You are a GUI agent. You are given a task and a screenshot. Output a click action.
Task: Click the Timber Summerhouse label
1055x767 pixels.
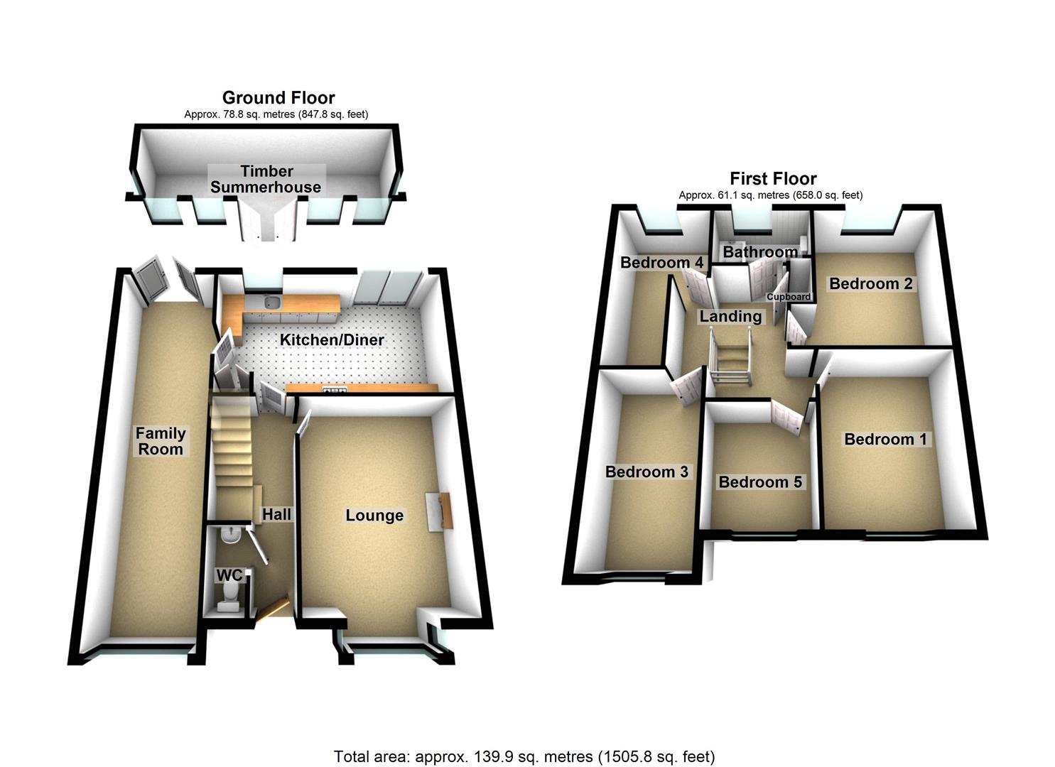click(x=266, y=179)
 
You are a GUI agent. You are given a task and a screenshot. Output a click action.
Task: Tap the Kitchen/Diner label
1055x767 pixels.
click(x=332, y=340)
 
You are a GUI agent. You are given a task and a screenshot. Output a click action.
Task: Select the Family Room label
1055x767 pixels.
click(x=161, y=441)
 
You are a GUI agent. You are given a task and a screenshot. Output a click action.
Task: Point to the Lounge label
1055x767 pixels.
click(x=374, y=516)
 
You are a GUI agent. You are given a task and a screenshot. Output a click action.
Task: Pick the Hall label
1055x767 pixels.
click(x=276, y=514)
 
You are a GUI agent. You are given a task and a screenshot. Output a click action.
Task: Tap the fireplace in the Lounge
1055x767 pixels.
click(x=440, y=509)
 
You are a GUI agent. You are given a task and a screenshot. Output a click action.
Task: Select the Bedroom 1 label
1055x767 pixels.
click(x=885, y=440)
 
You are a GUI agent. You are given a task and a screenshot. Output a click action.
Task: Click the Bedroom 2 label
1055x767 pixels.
click(x=870, y=284)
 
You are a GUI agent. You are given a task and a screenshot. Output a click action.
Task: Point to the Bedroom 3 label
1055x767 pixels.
click(x=646, y=472)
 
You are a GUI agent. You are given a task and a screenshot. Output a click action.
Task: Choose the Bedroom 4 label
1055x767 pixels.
click(x=661, y=263)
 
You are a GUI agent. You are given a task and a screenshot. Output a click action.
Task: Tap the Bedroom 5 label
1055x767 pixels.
click(x=760, y=483)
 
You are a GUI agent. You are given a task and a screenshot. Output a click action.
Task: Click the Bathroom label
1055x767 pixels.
click(x=760, y=252)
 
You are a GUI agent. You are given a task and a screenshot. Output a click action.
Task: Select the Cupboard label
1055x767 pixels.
click(x=789, y=297)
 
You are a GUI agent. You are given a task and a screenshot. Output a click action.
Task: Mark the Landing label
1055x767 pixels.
click(x=730, y=317)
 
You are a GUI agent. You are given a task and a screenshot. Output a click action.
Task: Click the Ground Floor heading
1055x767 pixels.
click(x=278, y=97)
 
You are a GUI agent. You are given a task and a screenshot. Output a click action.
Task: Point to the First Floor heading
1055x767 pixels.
click(x=773, y=178)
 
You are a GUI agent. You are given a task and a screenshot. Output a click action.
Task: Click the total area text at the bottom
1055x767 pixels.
click(x=524, y=756)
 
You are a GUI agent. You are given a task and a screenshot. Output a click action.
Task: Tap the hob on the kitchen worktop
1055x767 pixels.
click(x=335, y=388)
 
